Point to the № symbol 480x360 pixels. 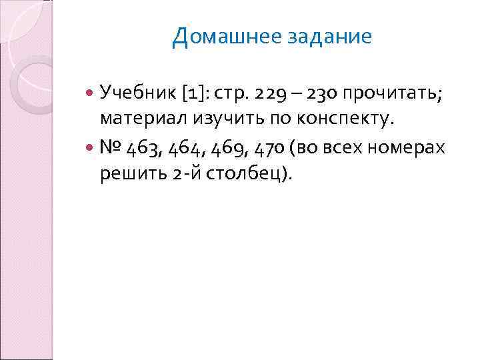point(111,147)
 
